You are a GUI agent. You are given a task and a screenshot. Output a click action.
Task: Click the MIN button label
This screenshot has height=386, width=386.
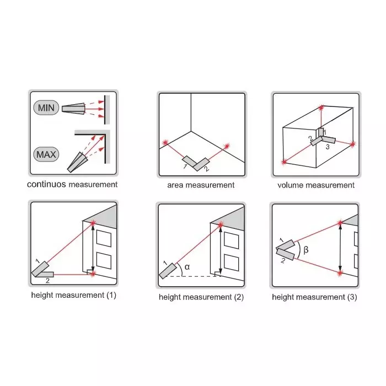click(x=47, y=108)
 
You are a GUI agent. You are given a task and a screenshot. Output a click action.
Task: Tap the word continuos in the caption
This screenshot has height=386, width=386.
click(x=46, y=185)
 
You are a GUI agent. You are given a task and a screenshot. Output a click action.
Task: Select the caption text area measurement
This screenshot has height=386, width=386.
click(x=201, y=185)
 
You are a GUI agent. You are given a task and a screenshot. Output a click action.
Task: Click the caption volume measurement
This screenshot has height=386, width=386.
click(x=316, y=185)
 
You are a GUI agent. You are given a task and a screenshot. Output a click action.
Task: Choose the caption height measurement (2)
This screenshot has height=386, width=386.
click(x=201, y=297)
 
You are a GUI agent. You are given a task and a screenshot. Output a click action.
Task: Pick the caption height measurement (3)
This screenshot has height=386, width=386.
click(x=314, y=297)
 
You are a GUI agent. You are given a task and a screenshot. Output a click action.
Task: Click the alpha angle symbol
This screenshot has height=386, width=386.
click(x=187, y=267)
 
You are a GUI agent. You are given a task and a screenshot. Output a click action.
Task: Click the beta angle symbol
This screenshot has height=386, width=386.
click(x=306, y=250)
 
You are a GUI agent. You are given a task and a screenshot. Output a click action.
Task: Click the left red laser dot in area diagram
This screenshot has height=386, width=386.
click(x=164, y=143)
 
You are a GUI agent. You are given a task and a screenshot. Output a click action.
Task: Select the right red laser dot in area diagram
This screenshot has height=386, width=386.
click(x=225, y=146)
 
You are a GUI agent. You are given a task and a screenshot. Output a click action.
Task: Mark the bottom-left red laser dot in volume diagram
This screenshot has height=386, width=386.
click(x=284, y=162)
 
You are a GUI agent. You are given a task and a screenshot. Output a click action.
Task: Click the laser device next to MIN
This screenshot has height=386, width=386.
click(x=73, y=109)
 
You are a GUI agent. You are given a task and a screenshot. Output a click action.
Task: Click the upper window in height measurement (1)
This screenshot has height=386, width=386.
click(x=104, y=238)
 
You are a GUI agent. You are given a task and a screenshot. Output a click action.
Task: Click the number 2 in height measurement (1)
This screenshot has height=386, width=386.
click(x=47, y=280)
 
